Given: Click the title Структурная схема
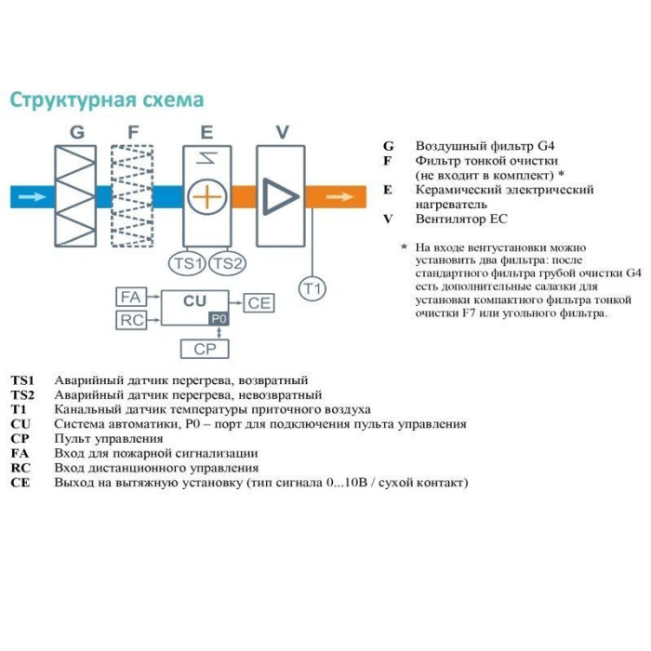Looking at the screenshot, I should (x=106, y=100).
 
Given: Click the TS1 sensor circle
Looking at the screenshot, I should (x=188, y=263).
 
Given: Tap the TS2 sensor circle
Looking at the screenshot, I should (x=227, y=263).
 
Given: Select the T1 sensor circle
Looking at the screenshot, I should (x=312, y=289).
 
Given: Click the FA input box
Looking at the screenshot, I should (x=130, y=298).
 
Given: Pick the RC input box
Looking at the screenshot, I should (x=130, y=321).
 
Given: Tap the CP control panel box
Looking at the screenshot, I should (x=204, y=349).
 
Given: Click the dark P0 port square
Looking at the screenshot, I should (x=219, y=318).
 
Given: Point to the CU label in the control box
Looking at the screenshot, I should (x=194, y=301).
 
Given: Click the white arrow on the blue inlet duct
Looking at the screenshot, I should (x=31, y=196).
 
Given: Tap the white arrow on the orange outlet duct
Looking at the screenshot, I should (x=339, y=196).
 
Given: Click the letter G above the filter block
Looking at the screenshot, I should (x=77, y=133).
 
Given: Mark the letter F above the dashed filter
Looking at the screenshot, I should (x=132, y=133).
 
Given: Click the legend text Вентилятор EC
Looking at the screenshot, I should (x=463, y=219).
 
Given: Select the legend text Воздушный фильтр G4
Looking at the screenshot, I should (x=489, y=146).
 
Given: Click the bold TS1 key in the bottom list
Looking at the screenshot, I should (x=22, y=380).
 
